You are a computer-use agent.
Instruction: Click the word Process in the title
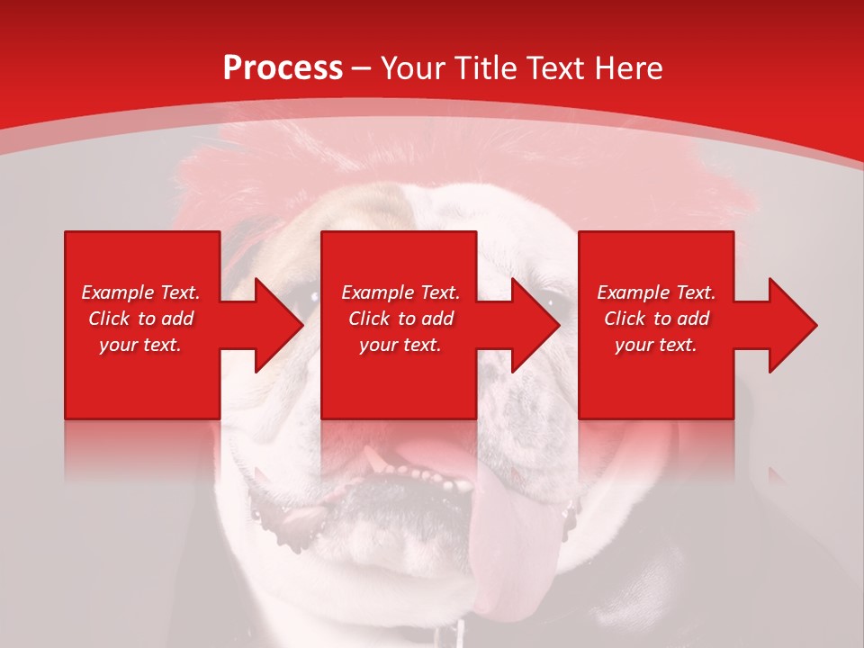(x=283, y=68)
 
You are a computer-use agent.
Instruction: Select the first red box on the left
(x=142, y=378)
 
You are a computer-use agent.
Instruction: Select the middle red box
(x=399, y=378)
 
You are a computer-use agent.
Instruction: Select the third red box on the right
(x=655, y=378)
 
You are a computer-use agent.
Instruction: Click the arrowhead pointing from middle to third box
(x=535, y=325)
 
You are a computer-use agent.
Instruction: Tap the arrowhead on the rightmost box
(x=792, y=325)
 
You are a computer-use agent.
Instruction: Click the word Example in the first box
(x=117, y=292)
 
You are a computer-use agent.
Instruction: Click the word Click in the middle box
(x=370, y=319)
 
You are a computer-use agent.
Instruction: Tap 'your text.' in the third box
(x=656, y=345)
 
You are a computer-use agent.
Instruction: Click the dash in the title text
(x=362, y=69)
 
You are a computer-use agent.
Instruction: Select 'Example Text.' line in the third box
(x=656, y=292)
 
